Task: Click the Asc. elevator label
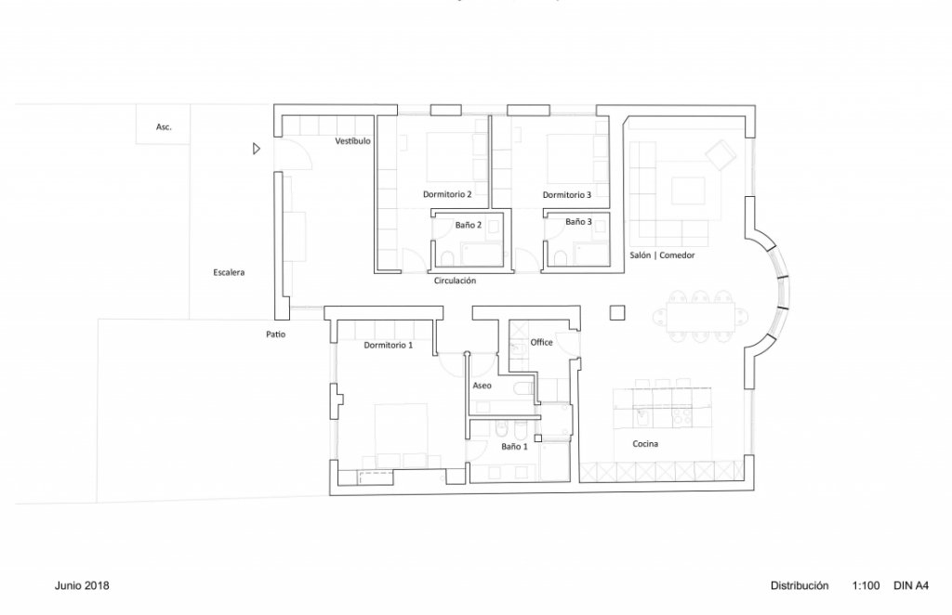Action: (164, 126)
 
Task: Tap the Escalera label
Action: (229, 273)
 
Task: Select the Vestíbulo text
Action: (353, 141)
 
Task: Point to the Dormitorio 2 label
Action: (447, 195)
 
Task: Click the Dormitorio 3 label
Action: (567, 195)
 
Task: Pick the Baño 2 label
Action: (469, 224)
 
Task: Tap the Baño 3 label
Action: (578, 222)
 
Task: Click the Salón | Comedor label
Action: (663, 255)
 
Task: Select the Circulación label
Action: (455, 280)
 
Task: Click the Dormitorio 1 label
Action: (389, 346)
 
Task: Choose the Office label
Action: (541, 343)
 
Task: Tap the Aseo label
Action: (482, 385)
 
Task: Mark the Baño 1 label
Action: (514, 447)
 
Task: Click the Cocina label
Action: (645, 445)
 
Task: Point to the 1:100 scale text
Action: (864, 586)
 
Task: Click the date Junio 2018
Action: (83, 586)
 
